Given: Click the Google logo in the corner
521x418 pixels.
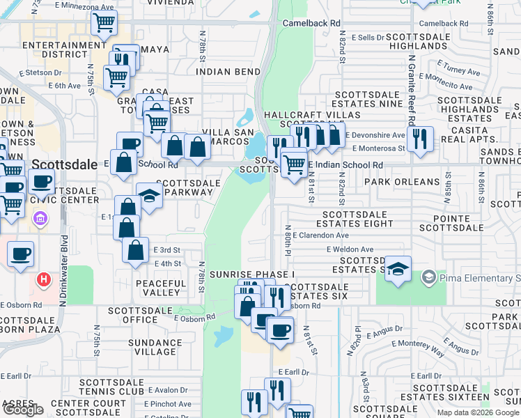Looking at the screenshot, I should tap(23, 410).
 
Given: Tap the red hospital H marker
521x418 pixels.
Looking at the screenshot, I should tap(44, 281).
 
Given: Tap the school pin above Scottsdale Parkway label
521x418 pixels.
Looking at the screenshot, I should tap(149, 195).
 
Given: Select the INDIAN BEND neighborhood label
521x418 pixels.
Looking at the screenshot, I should tap(223, 71).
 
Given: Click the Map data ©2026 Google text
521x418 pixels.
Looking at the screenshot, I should tap(478, 412).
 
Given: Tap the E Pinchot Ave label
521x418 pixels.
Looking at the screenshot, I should tap(168, 403).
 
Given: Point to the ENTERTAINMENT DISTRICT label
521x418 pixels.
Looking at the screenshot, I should tap(56, 49).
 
